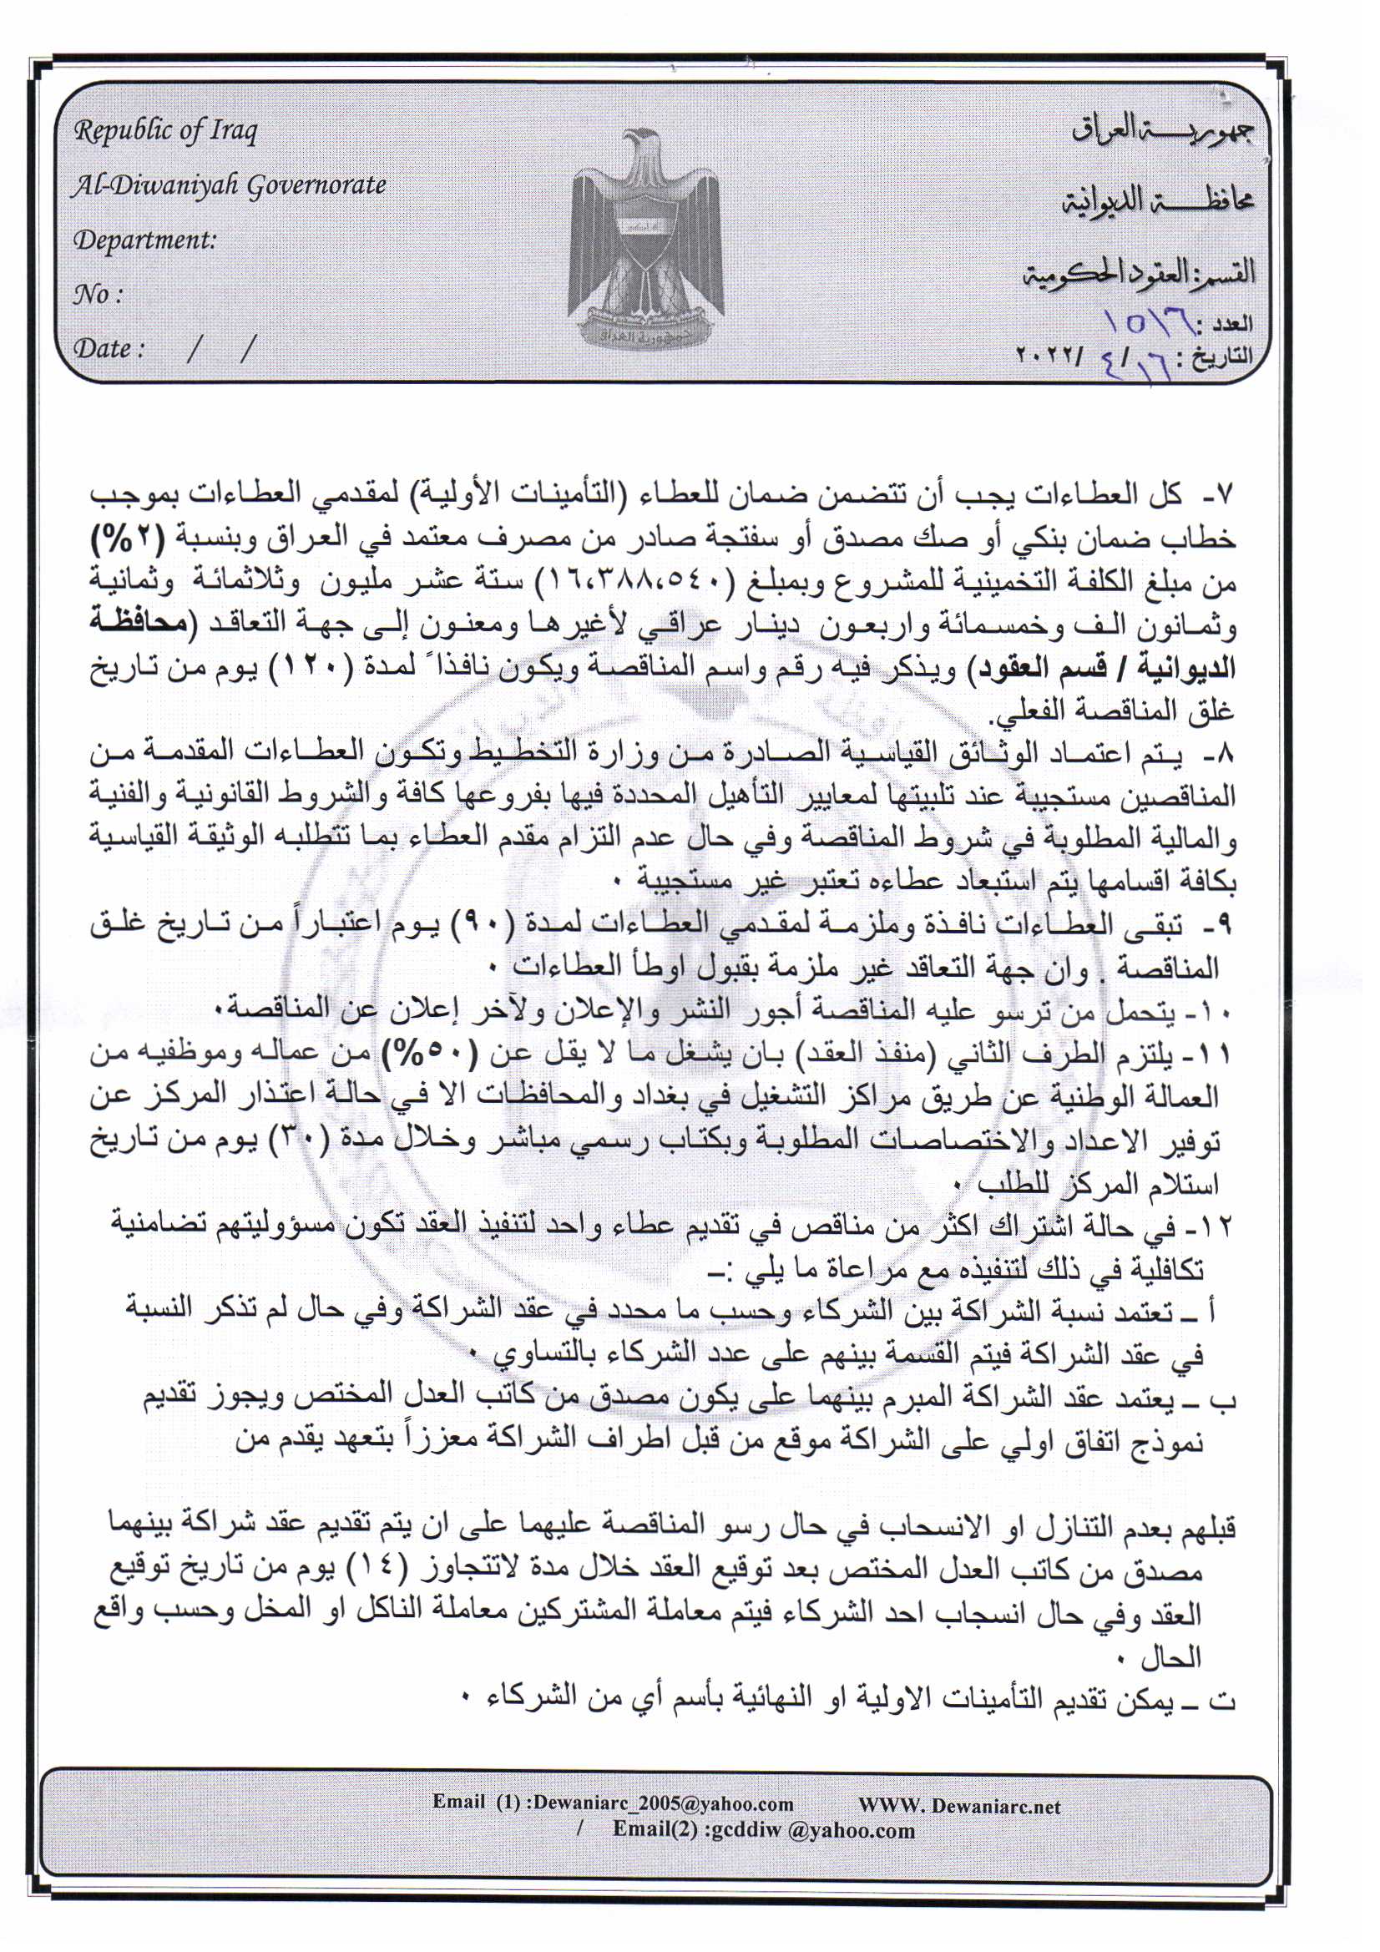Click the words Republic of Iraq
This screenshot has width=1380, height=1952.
click(165, 132)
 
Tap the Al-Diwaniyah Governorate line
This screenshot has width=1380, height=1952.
click(229, 185)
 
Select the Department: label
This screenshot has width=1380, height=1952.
click(144, 240)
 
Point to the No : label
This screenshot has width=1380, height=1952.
click(98, 294)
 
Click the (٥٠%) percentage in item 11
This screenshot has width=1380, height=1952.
click(510, 1054)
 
